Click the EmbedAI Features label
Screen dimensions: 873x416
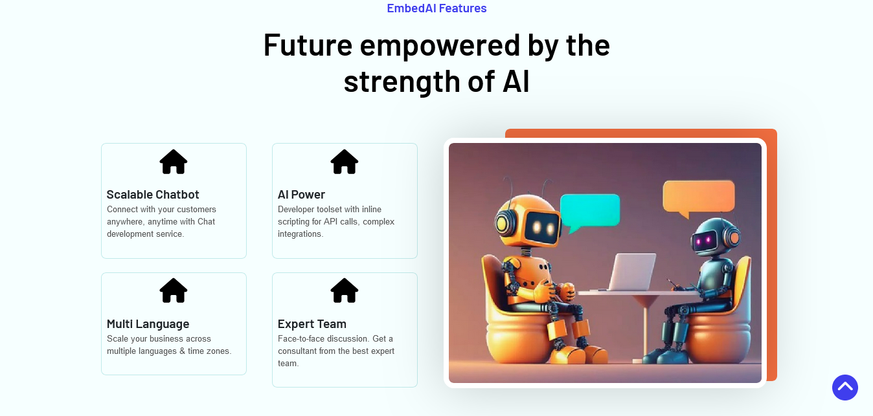(436, 8)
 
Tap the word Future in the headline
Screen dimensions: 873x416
(308, 45)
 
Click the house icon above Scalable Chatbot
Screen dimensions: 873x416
(174, 162)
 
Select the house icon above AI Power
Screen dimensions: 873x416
(344, 162)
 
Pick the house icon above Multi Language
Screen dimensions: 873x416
(174, 290)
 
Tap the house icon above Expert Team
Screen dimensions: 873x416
(344, 290)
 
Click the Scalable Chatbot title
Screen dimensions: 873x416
(153, 194)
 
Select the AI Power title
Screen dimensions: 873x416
(301, 194)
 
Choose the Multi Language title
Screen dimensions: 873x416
(148, 323)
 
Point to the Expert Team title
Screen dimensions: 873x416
(312, 323)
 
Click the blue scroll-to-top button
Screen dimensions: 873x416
(845, 388)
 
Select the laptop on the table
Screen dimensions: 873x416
(631, 272)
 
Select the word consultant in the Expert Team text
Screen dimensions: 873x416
(297, 351)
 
